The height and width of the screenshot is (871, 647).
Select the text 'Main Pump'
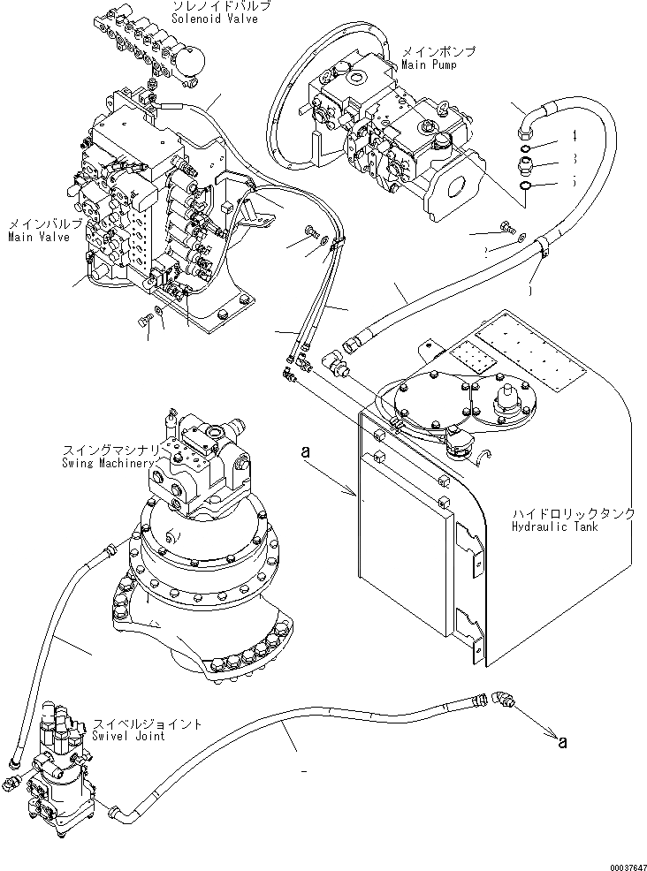coord(429,65)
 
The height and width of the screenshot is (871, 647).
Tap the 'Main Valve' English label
coord(36,237)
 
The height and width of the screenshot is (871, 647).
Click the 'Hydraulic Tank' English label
coord(554,526)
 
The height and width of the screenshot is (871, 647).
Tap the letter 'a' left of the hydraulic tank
coord(307,451)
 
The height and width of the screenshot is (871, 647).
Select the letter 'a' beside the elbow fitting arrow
coord(562,742)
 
